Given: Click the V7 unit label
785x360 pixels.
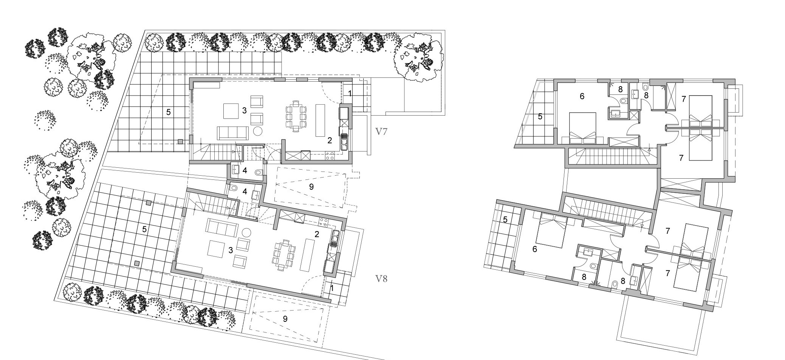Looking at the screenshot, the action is tap(382, 131).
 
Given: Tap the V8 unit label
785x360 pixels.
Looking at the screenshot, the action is tap(381, 279).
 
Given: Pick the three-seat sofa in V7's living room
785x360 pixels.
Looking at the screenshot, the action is tap(232, 133).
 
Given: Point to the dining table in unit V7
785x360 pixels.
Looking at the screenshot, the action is tap(296, 116).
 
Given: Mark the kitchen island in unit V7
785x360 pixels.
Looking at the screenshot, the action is tap(320, 120).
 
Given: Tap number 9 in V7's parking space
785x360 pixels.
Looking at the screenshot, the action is tap(311, 187).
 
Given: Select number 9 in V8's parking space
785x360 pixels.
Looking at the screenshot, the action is tap(285, 319).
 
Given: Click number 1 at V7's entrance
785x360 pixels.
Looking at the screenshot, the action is tap(350, 93).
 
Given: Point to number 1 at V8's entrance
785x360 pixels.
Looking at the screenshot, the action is tap(332, 288).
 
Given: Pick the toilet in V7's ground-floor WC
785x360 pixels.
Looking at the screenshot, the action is tap(258, 172).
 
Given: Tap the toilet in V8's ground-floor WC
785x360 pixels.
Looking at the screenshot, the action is tap(233, 188).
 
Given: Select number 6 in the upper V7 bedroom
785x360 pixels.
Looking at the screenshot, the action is tap(582, 96).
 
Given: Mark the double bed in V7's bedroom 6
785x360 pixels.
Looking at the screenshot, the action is tap(582, 128).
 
